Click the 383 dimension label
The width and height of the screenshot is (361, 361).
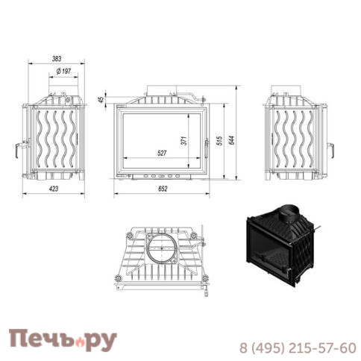tap(57, 59)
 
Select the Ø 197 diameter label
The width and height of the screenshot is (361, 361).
tap(63, 72)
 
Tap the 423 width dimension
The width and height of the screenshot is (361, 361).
tap(54, 189)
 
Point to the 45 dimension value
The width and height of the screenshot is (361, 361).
tap(101, 100)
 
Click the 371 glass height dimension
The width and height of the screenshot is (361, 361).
tap(184, 141)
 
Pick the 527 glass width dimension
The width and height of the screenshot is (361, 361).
tap(162, 153)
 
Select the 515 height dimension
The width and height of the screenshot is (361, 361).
tap(219, 141)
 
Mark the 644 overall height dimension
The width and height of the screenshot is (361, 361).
tap(231, 140)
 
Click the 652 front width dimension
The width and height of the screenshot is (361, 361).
tap(163, 189)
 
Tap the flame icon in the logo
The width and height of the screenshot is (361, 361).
tap(80, 342)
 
